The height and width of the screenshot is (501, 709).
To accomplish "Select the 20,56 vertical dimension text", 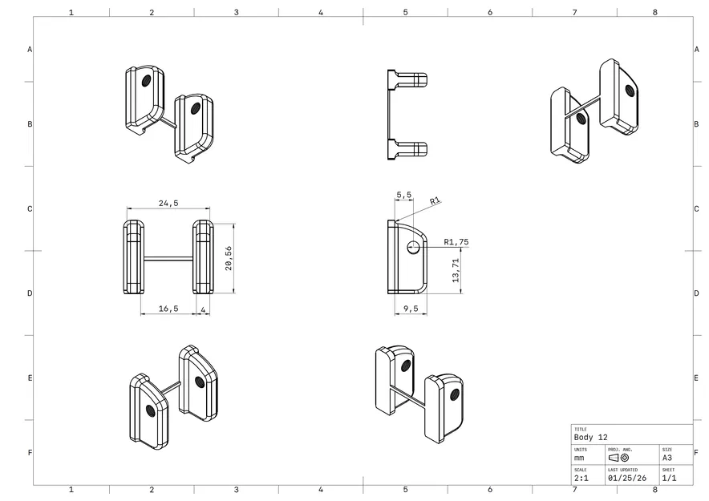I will [x=229, y=258].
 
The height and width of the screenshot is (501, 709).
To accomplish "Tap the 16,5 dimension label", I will [x=167, y=308].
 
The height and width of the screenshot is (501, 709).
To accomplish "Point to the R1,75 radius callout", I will [x=456, y=241].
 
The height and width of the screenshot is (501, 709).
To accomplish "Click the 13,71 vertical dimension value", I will [x=456, y=271].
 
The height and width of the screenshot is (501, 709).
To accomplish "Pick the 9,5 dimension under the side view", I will [x=410, y=308].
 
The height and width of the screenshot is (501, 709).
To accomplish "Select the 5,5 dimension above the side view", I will [x=403, y=195].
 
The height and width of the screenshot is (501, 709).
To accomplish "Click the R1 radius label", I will [x=435, y=201].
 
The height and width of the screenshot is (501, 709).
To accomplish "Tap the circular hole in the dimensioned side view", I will [x=413, y=248].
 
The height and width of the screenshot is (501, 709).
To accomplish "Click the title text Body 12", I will [x=591, y=438].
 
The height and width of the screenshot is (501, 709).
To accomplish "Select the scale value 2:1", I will [x=580, y=478].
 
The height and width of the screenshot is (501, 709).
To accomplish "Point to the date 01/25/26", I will [x=622, y=478].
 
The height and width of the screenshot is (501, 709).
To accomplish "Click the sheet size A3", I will [x=667, y=458].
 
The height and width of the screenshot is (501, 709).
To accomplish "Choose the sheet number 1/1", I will [x=668, y=478].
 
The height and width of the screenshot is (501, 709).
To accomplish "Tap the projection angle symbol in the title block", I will [x=619, y=458].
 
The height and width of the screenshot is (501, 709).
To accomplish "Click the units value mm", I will [x=579, y=458].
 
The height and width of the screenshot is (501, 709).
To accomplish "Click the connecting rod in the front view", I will [x=168, y=258].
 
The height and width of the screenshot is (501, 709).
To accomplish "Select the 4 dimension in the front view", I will [x=203, y=308].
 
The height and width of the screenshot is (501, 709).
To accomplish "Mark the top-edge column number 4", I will [x=320, y=13].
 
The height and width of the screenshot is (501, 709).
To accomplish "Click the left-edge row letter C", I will [x=30, y=208].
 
